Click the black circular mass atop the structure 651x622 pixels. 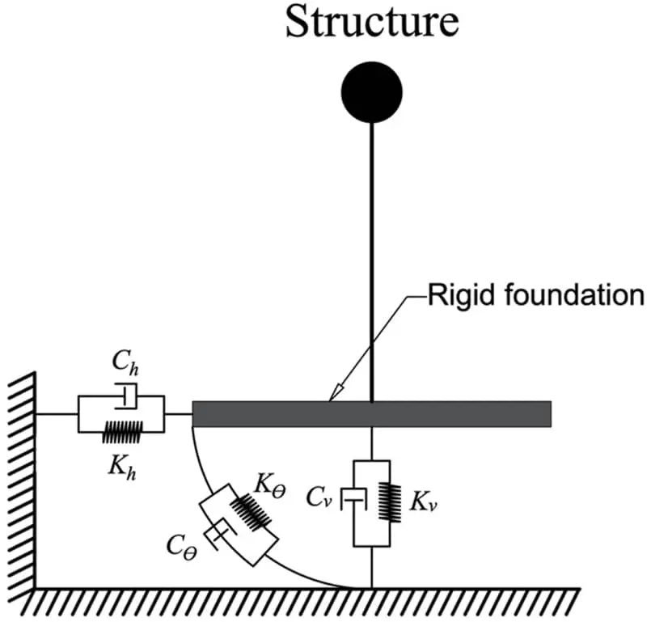coord(371,92)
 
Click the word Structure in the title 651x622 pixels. coord(373,22)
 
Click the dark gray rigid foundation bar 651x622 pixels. coord(372,414)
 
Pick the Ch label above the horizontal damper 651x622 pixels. coord(125,362)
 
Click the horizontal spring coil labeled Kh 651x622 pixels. coord(122,432)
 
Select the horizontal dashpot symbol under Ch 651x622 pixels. coord(126,396)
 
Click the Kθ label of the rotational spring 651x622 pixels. coord(270,484)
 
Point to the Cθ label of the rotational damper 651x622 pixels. coord(181,548)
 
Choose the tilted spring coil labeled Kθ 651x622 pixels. coord(251,512)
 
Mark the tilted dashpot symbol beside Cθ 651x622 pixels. coord(220,534)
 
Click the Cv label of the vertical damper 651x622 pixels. coord(319,497)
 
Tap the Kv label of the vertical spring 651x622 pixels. coord(424,501)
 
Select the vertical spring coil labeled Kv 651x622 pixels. coord(390,502)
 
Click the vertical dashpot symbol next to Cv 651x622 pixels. coord(353,500)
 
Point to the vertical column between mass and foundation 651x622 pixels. coord(371,262)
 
